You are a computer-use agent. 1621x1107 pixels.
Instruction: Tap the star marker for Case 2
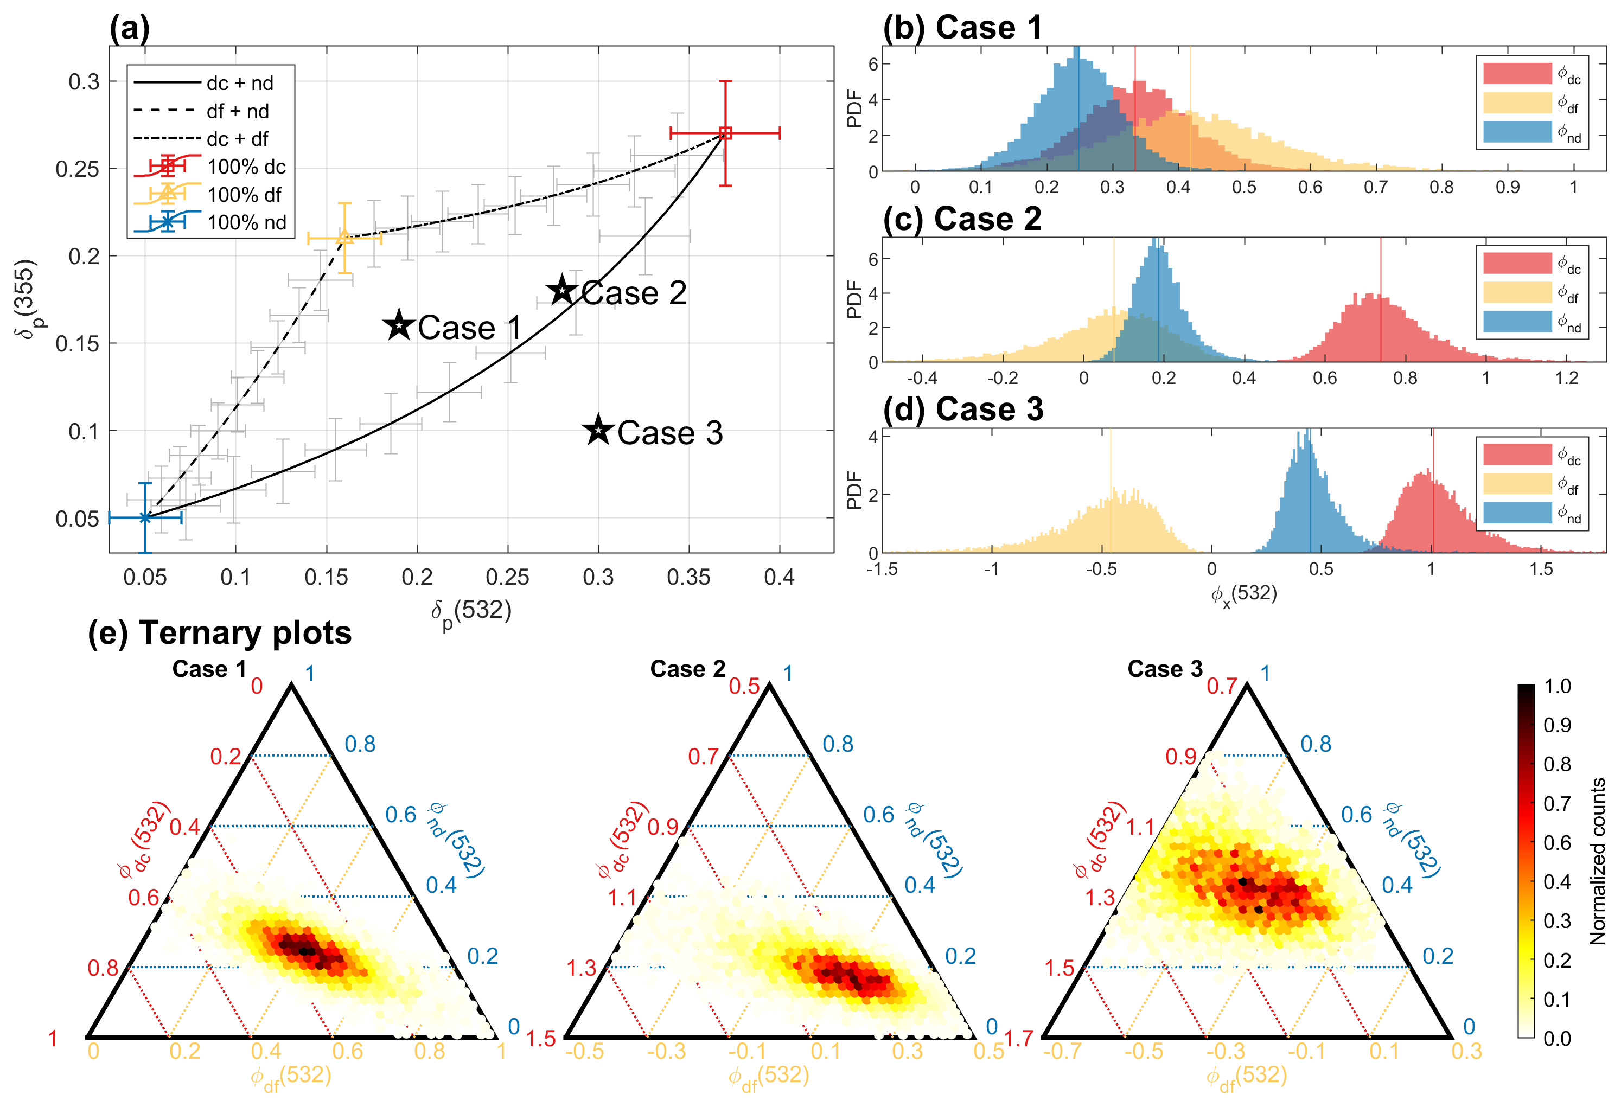[562, 290]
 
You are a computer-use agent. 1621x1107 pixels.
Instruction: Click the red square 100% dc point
[725, 132]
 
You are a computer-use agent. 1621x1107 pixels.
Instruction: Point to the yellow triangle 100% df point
[344, 236]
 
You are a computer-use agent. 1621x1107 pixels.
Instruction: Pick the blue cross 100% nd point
[145, 517]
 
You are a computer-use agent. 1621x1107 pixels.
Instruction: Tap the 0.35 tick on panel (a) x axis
[688, 578]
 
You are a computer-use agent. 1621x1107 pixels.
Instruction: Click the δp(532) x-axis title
[471, 611]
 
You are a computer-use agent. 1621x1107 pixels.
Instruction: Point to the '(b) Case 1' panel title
[962, 28]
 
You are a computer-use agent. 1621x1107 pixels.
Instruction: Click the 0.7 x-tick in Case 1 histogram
[1375, 188]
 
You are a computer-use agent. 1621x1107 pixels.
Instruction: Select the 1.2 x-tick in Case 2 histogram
[1566, 378]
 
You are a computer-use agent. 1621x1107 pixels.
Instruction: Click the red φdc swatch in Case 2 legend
[1517, 264]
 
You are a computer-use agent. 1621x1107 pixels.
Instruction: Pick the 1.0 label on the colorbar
[1557, 686]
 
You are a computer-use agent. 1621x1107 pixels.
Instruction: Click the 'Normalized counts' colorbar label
[1597, 861]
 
